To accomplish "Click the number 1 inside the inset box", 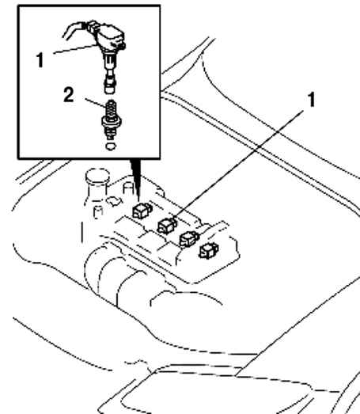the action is click(40, 60).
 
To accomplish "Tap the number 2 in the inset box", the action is click(69, 95).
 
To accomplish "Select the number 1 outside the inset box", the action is click(312, 100).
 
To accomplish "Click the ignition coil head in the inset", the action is click(111, 39).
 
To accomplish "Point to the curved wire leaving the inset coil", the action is click(74, 28).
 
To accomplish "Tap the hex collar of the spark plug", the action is click(112, 122).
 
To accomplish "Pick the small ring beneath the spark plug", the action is click(111, 146).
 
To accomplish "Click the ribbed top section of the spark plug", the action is click(111, 108).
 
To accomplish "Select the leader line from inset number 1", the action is click(75, 49).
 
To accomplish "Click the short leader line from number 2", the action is click(95, 103).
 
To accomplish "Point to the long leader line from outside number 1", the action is click(238, 165).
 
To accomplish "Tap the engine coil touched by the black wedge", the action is click(142, 211).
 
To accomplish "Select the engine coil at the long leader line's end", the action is click(167, 226).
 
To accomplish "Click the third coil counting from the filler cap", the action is click(189, 239).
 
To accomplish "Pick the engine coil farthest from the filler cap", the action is click(209, 251).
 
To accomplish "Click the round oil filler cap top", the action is click(97, 175).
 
